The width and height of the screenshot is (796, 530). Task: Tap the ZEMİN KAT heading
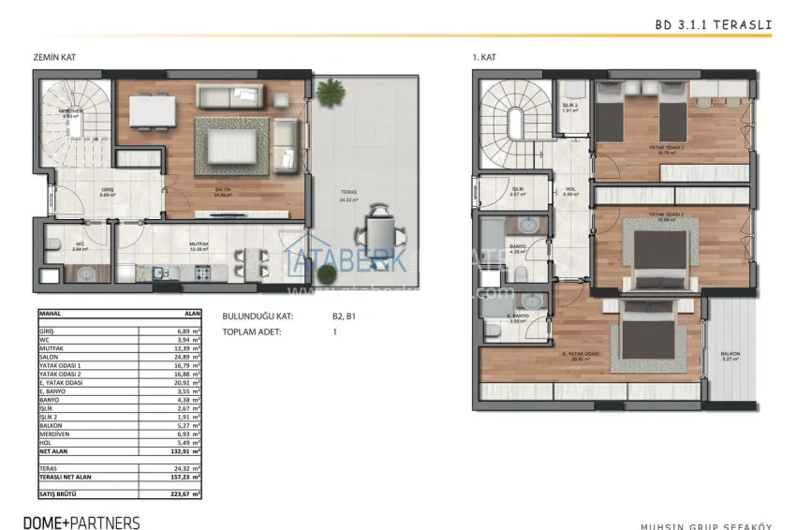[x=53, y=58]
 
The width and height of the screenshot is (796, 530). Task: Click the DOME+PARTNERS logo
[x=82, y=523]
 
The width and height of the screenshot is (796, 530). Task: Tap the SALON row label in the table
[x=49, y=356]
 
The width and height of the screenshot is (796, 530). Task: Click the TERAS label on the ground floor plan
[x=349, y=194]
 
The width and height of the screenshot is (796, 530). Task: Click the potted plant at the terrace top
[x=329, y=93]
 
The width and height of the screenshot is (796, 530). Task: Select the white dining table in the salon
[x=152, y=111]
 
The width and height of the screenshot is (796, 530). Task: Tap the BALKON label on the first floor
[x=730, y=354]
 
